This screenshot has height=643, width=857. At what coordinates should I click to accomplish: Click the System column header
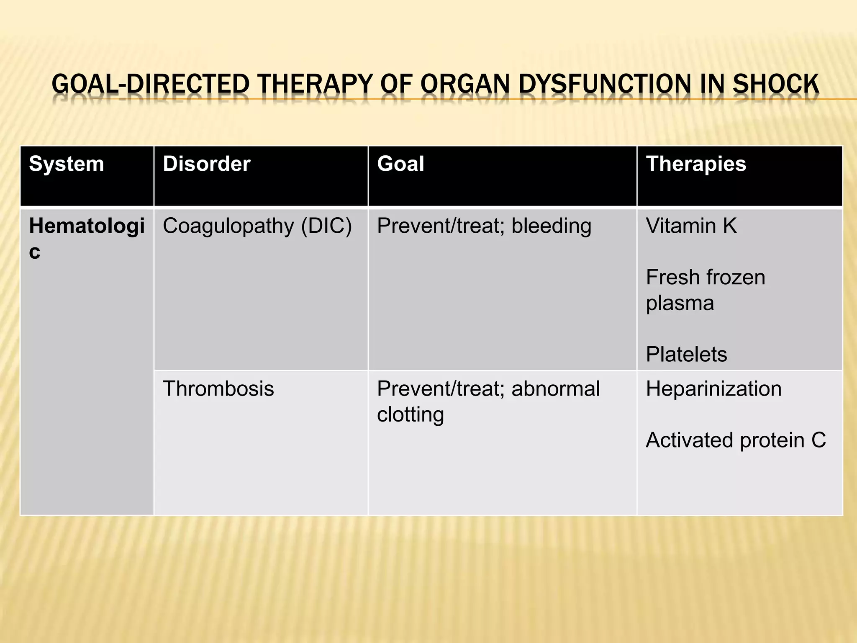pyautogui.click(x=66, y=164)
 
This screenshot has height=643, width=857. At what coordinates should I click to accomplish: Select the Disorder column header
pyautogui.click(x=206, y=164)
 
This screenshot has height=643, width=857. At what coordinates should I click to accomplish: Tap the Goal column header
pyautogui.click(x=400, y=164)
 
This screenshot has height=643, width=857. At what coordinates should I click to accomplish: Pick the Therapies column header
pyautogui.click(x=696, y=164)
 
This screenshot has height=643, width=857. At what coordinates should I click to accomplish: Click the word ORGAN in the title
pyautogui.click(x=465, y=84)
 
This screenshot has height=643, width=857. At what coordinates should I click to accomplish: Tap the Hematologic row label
pyautogui.click(x=87, y=238)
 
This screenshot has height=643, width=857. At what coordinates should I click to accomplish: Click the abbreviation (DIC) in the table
pyautogui.click(x=326, y=226)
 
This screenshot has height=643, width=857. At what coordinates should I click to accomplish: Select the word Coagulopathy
pyautogui.click(x=228, y=227)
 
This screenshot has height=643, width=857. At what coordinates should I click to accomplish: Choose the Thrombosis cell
pyautogui.click(x=218, y=388)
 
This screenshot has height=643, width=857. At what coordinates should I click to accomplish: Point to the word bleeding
pyautogui.click(x=551, y=226)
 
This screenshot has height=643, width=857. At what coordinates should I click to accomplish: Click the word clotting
pyautogui.click(x=410, y=414)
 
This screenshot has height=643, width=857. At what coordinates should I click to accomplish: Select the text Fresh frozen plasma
pyautogui.click(x=705, y=290)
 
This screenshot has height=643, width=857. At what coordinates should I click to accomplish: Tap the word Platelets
pyautogui.click(x=686, y=354)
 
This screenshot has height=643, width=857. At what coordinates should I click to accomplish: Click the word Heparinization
pyautogui.click(x=713, y=388)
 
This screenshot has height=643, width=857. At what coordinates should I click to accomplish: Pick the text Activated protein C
pyautogui.click(x=736, y=440)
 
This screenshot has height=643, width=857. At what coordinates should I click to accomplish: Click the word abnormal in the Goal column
pyautogui.click(x=555, y=388)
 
